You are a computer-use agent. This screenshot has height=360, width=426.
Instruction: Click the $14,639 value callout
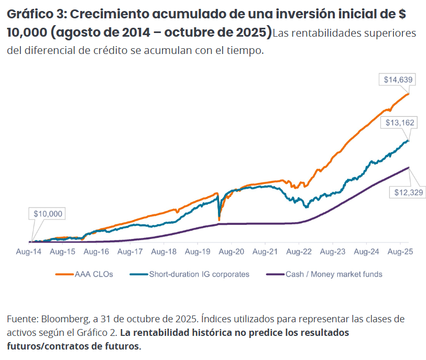coord(398,80)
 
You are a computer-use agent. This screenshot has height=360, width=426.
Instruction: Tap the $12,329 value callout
coord(409,192)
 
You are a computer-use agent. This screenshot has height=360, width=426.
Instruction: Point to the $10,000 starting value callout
coord(48,214)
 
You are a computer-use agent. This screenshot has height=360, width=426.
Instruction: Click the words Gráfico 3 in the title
coord(35,15)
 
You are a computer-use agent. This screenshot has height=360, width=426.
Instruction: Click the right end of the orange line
coord(409,93)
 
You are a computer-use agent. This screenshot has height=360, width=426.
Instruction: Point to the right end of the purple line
coord(409,167)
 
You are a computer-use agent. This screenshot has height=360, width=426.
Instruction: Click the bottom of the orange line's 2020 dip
coord(219,220)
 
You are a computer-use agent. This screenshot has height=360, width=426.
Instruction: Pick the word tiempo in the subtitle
coord(243,51)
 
